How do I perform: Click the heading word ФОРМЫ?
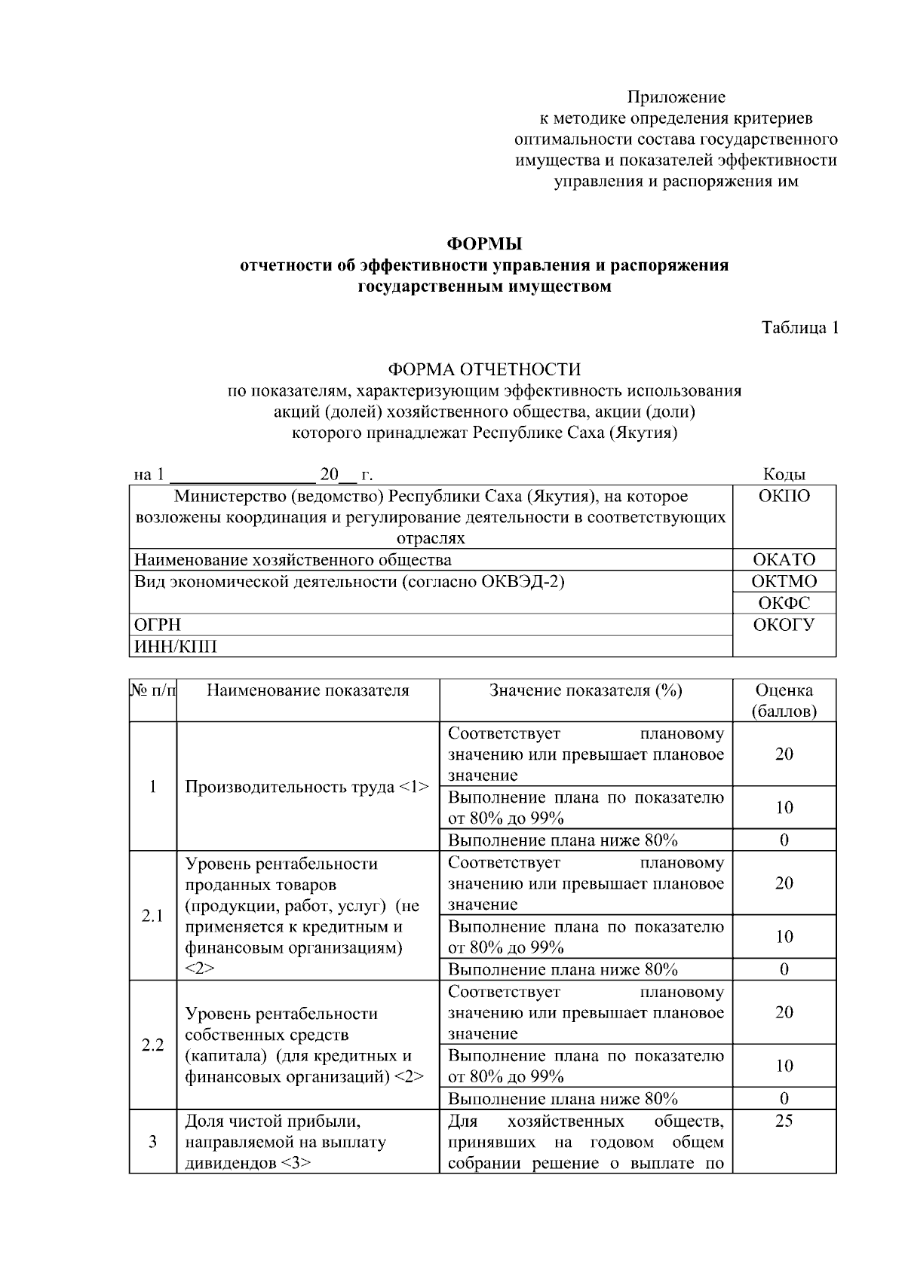pyautogui.click(x=484, y=244)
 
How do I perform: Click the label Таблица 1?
pyautogui.click(x=799, y=328)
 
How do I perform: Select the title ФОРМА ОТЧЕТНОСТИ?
pyautogui.click(x=484, y=369)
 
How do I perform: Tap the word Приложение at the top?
pyautogui.click(x=676, y=97)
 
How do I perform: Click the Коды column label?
pyautogui.click(x=784, y=474)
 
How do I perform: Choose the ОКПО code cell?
pyautogui.click(x=784, y=496)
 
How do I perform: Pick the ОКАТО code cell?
pyautogui.click(x=784, y=560)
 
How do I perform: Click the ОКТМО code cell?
pyautogui.click(x=784, y=581)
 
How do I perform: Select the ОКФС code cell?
pyautogui.click(x=784, y=603)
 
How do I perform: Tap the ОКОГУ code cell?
pyautogui.click(x=784, y=625)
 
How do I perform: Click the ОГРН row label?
pyautogui.click(x=158, y=625)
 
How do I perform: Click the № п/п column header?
pyautogui.click(x=154, y=691)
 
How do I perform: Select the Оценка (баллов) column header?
pyautogui.click(x=784, y=701)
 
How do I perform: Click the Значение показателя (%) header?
pyautogui.click(x=586, y=691)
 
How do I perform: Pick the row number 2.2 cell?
pyautogui.click(x=153, y=1045)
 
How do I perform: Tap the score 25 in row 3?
pyautogui.click(x=784, y=1121)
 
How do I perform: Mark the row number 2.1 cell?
pyautogui.click(x=153, y=916)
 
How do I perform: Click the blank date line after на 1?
pyautogui.click(x=242, y=476)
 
